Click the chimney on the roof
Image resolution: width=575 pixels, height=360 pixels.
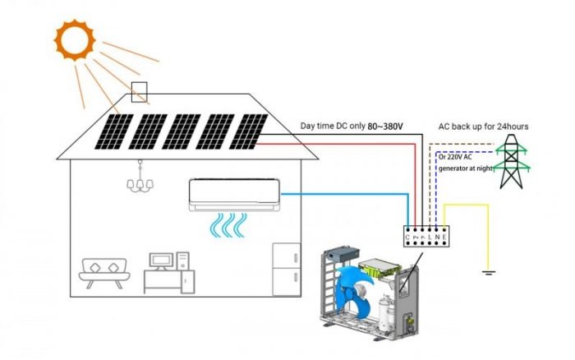tap(140, 93)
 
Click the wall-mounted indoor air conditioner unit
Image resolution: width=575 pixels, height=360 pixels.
tap(235, 195)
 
